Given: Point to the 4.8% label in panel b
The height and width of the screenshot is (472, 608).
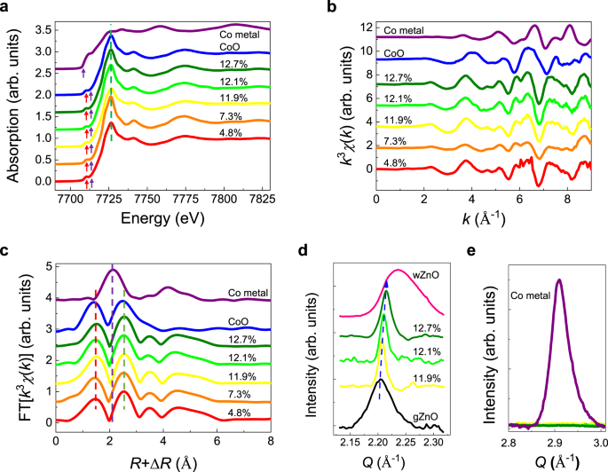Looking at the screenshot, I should click(x=400, y=161).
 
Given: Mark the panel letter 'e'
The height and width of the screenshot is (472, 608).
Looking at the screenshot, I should click(x=480, y=253).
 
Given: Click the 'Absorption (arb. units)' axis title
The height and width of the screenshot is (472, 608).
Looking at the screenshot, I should click(x=12, y=106).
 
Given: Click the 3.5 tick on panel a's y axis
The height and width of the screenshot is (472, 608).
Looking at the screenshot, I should click(x=39, y=29).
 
